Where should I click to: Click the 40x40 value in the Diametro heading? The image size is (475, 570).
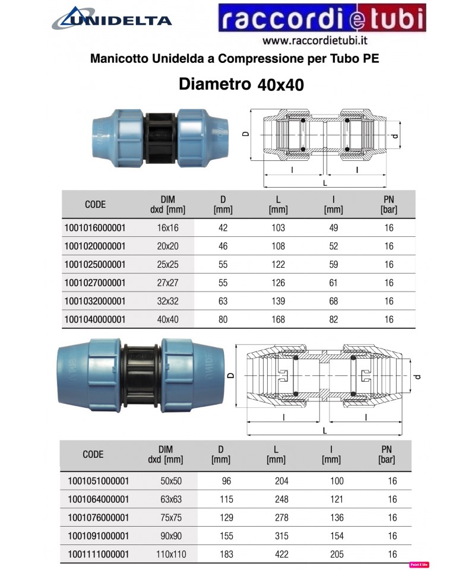pos(281,85)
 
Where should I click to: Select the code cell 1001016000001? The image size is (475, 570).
pos(94,228)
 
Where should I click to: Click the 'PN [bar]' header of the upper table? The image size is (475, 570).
pos(389,204)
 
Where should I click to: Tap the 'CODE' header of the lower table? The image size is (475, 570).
pos(93,454)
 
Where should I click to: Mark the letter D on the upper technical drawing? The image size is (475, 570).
pos(245,134)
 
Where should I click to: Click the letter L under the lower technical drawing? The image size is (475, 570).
pos(324,429)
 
